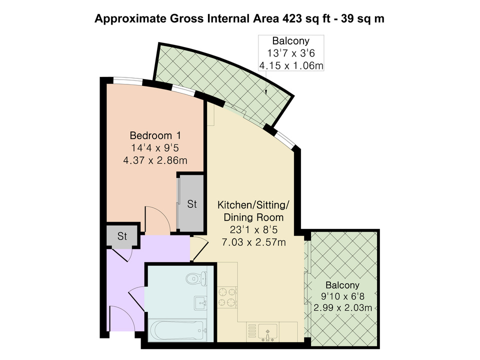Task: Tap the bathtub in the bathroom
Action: tap(177, 330)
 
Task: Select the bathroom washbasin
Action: tap(200, 303)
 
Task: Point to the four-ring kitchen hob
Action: tap(227, 297)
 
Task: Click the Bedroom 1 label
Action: tap(155, 135)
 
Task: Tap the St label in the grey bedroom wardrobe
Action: tap(191, 204)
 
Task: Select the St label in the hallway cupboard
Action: tap(122, 236)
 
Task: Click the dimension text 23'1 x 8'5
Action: tap(253, 229)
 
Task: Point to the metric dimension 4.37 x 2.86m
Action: tap(155, 160)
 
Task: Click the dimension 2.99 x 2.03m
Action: tap(343, 307)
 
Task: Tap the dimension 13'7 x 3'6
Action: tap(291, 53)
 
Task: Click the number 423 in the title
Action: tap(292, 18)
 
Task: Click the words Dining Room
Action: tap(253, 217)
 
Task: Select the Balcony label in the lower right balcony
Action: tap(342, 285)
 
